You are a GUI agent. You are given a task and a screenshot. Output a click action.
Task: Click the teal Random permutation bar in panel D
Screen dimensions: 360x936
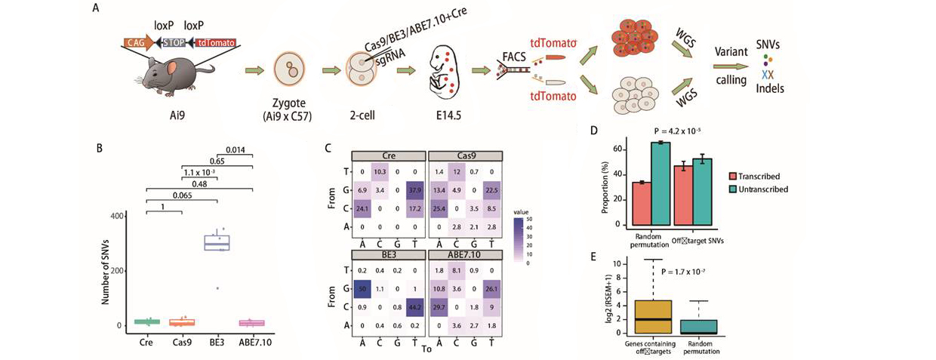[662, 183]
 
